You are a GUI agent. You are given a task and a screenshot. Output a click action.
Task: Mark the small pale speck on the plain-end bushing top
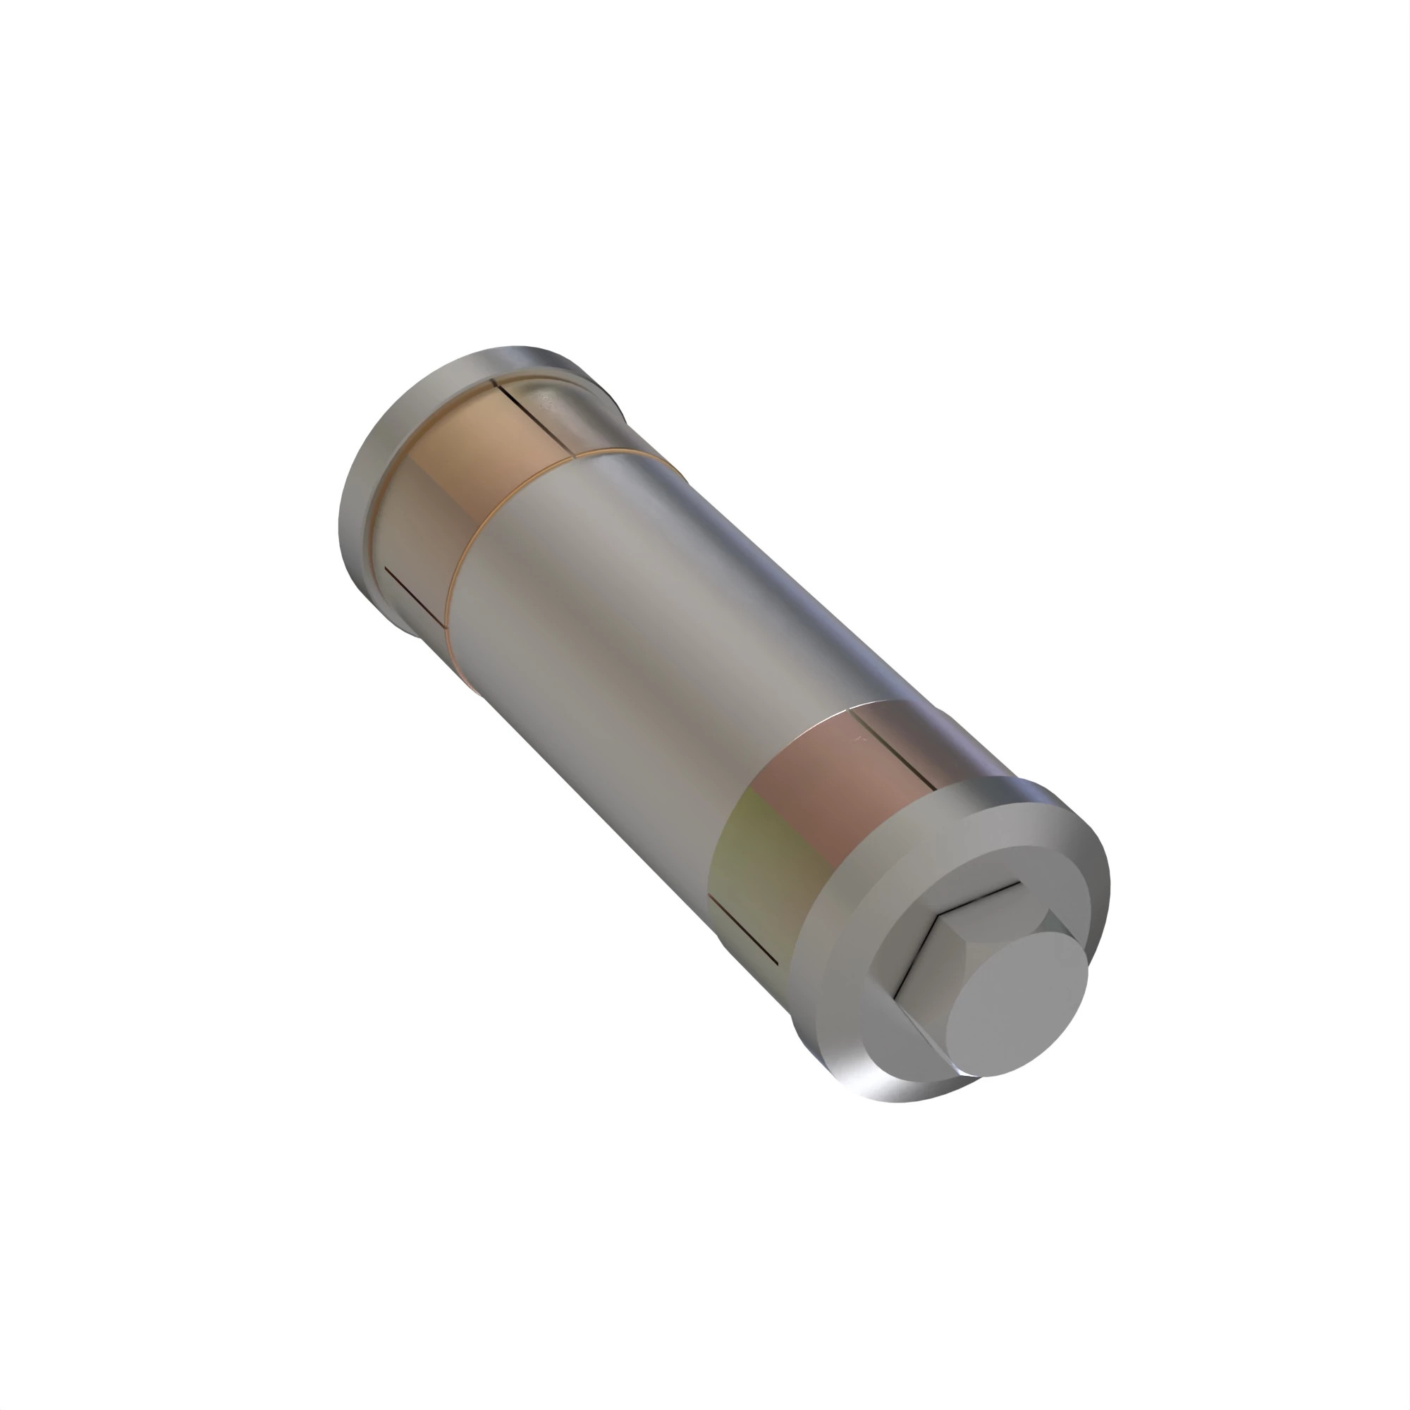tap(544, 400)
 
